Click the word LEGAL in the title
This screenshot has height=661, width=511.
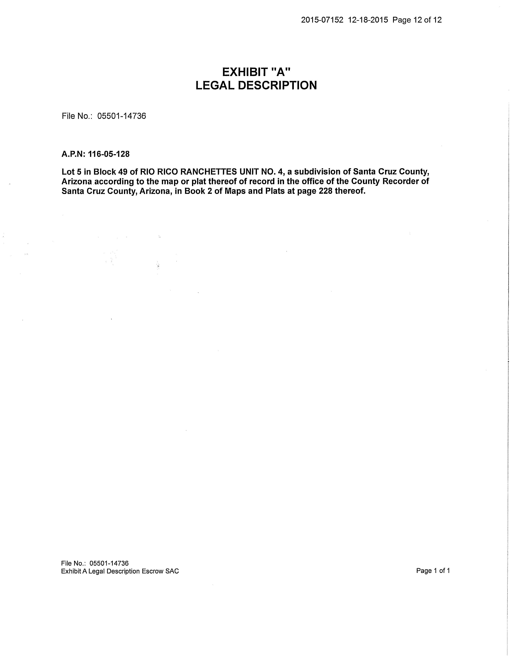[x=215, y=86]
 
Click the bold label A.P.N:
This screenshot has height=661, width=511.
[x=74, y=154]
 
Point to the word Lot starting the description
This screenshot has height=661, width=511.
[x=68, y=172]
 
